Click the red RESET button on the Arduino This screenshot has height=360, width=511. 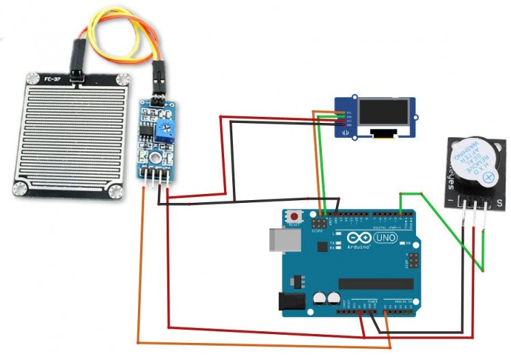[295, 215]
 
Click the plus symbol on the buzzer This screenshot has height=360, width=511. [487, 178]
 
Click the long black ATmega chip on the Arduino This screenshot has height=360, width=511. [376, 283]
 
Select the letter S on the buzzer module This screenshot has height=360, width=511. [499, 202]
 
